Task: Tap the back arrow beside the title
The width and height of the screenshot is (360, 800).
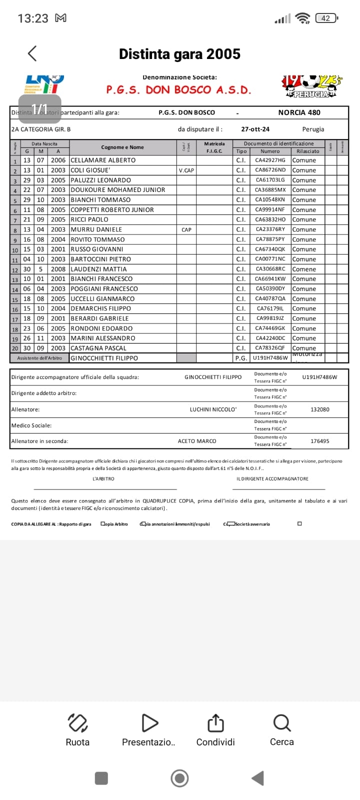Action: (x=32, y=53)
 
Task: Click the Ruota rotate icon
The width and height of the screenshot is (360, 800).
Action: (x=77, y=723)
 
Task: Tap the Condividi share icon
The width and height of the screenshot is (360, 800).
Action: (x=215, y=723)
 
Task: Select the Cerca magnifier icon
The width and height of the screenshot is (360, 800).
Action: (x=282, y=723)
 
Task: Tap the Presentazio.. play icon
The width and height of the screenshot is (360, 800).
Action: (x=149, y=723)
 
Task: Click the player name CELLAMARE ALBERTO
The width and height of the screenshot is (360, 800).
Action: (x=103, y=160)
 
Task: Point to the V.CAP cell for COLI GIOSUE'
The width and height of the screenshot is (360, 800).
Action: (x=186, y=170)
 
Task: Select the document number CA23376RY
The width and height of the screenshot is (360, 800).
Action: (x=270, y=229)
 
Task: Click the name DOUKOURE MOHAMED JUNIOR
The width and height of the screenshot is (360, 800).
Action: (x=118, y=190)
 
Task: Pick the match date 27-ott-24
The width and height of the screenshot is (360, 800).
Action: (x=255, y=129)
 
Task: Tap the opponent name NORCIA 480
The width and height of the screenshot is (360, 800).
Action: (x=299, y=112)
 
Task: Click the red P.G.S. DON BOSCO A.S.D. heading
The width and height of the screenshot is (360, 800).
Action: (x=178, y=90)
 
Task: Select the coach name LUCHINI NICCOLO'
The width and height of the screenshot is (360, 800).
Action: (x=213, y=409)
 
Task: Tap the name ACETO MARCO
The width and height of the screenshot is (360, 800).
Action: (x=197, y=441)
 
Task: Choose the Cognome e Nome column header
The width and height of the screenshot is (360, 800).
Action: (x=122, y=147)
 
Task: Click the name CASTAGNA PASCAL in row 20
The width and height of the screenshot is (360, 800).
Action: (x=98, y=348)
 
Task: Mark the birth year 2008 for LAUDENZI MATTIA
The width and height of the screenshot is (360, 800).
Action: (x=58, y=269)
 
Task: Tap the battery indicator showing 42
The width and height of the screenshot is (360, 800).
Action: (x=326, y=18)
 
